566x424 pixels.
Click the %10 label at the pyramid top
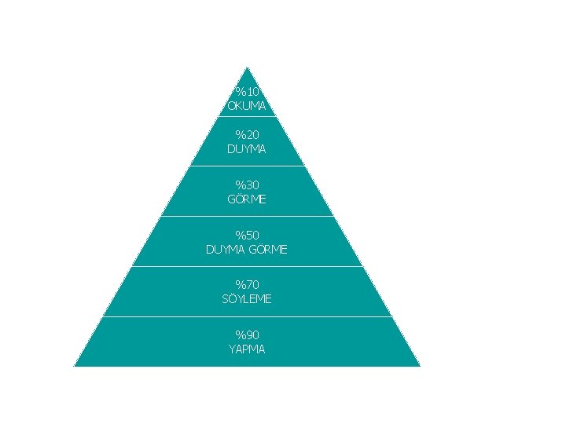pos(247,91)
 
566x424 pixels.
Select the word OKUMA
pos(247,105)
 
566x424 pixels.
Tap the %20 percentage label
pos(247,134)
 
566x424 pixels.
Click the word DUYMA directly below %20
pos(247,148)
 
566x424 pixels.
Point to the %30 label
pos(247,185)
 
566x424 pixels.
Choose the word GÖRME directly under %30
pos(247,199)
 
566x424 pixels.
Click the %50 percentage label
pos(247,235)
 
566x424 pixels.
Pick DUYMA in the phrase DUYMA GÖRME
pos(226,250)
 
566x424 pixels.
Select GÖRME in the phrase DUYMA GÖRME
pos(269,250)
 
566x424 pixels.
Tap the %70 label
pos(247,284)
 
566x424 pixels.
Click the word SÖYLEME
pos(247,299)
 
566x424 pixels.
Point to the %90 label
pos(247,335)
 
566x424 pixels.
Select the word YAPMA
pos(247,349)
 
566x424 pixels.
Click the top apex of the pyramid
pos(247,68)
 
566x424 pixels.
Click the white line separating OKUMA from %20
pos(247,116)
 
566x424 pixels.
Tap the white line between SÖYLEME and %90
pos(247,317)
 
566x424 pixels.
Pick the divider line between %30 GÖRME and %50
pos(247,216)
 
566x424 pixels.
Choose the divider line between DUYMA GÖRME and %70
pos(247,267)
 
